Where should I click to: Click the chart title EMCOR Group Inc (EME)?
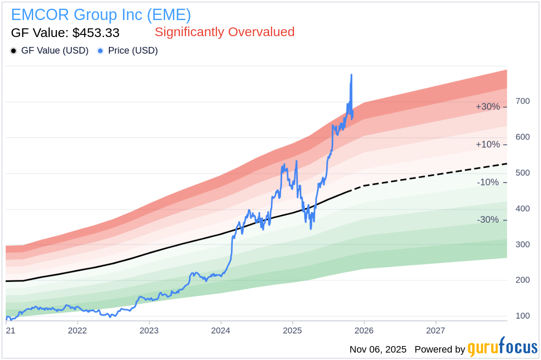(101, 15)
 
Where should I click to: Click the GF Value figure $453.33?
(65, 33)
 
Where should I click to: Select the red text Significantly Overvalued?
(224, 32)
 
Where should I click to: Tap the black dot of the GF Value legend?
(14, 51)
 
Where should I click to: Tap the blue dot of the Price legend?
(101, 51)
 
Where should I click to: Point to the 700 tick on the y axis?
(523, 101)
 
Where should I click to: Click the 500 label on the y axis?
(523, 173)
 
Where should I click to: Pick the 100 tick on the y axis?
(523, 316)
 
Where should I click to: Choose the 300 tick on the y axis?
(523, 245)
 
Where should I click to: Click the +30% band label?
(487, 107)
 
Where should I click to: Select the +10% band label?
(487, 145)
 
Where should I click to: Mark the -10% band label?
(487, 182)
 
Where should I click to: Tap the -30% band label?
(487, 220)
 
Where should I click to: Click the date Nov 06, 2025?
(378, 350)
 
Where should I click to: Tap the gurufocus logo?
(502, 348)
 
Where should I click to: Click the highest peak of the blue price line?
(352, 75)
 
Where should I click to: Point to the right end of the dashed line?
(507, 163)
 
